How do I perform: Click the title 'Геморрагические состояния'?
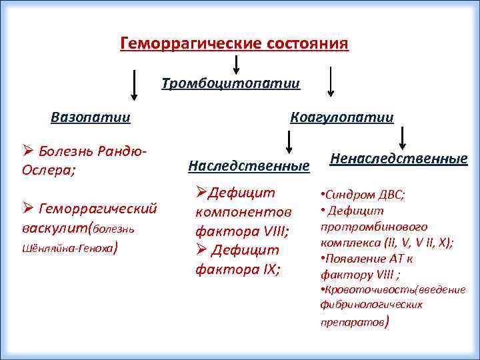tap(234, 44)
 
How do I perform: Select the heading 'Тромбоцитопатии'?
tap(231, 84)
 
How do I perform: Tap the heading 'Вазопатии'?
tap(91, 117)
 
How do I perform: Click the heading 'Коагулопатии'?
tap(342, 117)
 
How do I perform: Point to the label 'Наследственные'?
tap(249, 164)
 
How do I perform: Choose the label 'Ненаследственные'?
tap(399, 159)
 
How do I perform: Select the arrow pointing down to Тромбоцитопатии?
tap(235, 65)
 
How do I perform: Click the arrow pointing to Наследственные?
tap(289, 142)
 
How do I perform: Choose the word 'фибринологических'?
tap(371, 305)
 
